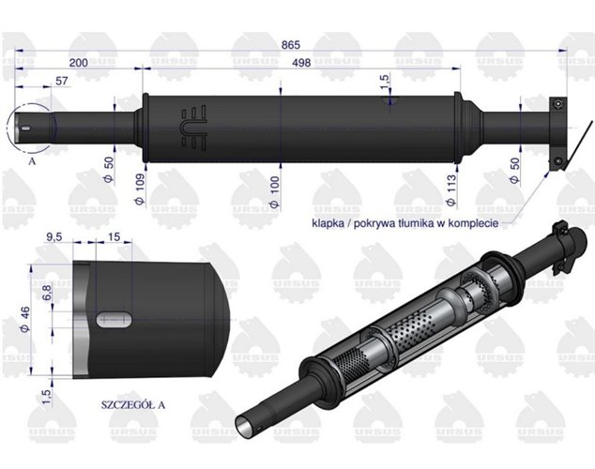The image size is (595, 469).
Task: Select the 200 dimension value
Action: [79, 63]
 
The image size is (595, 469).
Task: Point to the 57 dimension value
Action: [62, 82]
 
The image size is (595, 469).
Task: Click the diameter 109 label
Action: [141, 177]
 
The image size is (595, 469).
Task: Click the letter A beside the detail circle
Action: [33, 160]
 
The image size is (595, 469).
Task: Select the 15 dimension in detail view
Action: [114, 238]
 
